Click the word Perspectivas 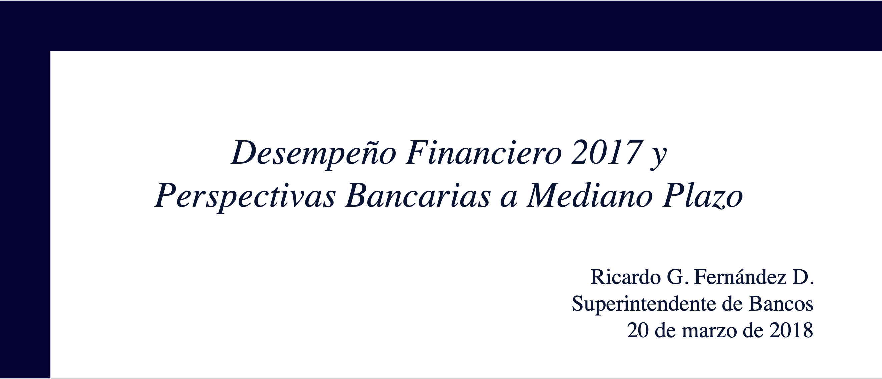tap(245, 197)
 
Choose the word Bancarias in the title tap(418, 195)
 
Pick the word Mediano tap(589, 195)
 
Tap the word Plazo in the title tap(702, 195)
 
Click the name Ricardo tap(625, 277)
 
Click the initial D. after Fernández tap(803, 277)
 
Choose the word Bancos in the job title tap(781, 304)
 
